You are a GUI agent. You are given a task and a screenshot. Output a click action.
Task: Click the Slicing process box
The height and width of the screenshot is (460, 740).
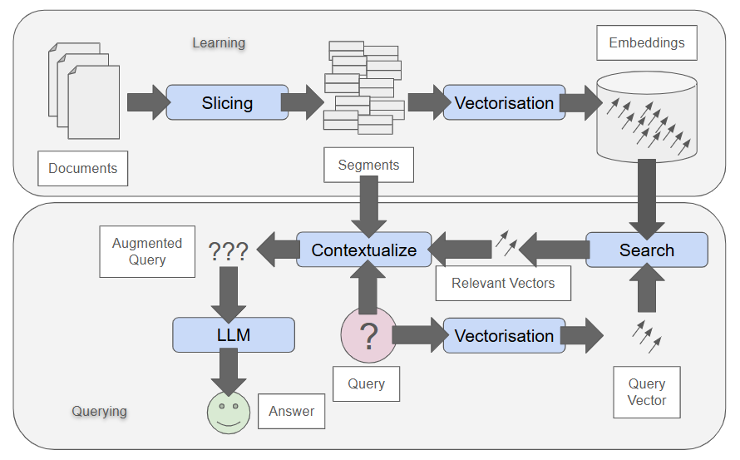pos(227,102)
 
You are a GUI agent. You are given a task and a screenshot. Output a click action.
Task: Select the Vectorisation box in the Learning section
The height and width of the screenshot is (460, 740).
pos(504,102)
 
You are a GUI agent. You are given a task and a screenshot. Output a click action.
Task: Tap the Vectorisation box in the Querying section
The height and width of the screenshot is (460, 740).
pos(504,335)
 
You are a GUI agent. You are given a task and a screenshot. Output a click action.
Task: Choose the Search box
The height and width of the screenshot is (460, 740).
pos(647,250)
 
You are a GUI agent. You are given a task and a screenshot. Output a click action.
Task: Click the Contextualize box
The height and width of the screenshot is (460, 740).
pos(363,250)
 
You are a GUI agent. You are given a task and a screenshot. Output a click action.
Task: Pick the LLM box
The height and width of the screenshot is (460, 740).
pos(234,334)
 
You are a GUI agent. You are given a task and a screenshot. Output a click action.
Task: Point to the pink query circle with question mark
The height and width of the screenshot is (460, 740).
pos(368,335)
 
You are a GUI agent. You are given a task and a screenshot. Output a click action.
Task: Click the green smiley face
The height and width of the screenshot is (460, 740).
pos(228,412)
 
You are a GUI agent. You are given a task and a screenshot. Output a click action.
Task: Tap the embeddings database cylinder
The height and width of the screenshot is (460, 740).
pos(647,116)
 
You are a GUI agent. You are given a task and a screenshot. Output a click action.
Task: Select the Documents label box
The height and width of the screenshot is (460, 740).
pos(83,168)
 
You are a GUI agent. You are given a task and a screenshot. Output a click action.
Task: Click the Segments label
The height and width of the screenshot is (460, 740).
pos(368,165)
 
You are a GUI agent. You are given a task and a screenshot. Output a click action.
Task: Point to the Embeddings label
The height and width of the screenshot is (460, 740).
pos(646,42)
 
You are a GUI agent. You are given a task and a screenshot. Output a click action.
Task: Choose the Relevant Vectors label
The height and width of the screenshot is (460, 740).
pos(503,283)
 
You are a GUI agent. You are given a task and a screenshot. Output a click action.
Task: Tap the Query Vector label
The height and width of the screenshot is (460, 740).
pos(646,392)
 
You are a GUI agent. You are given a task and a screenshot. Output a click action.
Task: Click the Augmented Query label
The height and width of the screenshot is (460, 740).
pos(147,251)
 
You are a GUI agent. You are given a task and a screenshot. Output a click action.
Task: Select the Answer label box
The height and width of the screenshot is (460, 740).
pos(291,411)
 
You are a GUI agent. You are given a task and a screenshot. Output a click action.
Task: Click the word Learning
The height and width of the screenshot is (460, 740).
pos(219,42)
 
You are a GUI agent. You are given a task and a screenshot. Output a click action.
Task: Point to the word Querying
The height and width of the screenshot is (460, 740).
pos(99,411)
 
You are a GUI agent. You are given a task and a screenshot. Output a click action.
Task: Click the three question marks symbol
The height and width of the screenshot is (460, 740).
pos(228,251)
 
